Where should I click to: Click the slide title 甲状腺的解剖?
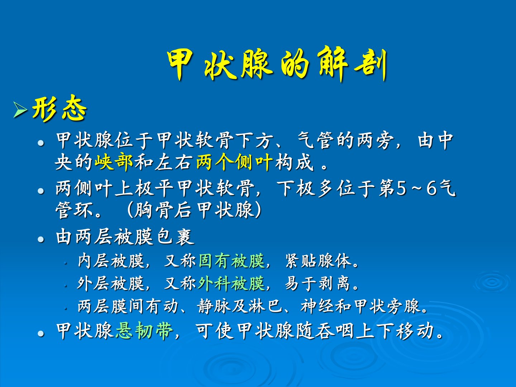point(277,63)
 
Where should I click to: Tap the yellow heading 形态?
point(59,109)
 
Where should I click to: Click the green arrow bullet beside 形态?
point(20,110)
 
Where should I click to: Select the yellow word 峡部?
point(114,162)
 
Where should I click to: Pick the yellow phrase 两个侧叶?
point(234,162)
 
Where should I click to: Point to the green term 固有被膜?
point(231,261)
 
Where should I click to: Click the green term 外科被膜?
point(231,283)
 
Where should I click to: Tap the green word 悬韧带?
point(144,331)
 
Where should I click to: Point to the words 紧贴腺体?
point(319,261)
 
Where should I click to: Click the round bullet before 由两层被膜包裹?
point(41,239)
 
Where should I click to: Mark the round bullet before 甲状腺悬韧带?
point(41,333)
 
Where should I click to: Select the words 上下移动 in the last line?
point(395,331)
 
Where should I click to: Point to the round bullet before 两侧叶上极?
point(41,191)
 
